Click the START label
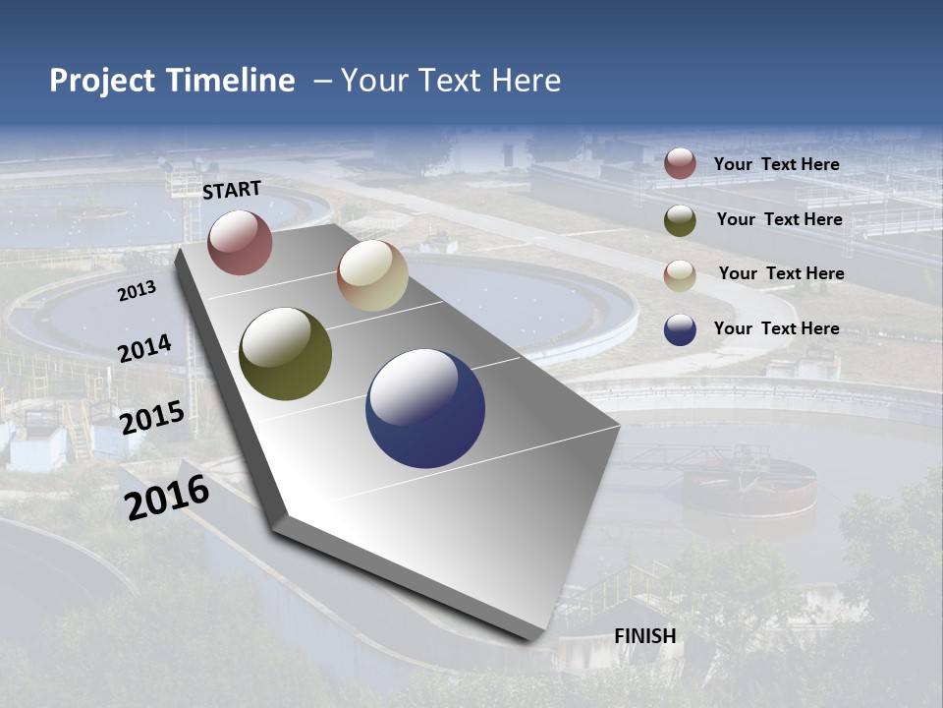[232, 189]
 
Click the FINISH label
[645, 636]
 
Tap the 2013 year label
[137, 290]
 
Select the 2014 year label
[145, 348]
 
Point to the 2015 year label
[152, 418]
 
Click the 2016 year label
[167, 498]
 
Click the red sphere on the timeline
[240, 242]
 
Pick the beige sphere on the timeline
[372, 275]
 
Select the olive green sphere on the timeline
[285, 354]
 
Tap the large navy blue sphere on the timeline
[425, 408]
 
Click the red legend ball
[680, 163]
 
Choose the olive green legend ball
[680, 220]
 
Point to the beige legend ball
[680, 275]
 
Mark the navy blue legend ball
[680, 329]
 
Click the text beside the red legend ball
[776, 164]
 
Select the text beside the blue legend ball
[776, 328]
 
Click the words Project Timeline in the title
[172, 81]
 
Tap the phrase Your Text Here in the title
[451, 81]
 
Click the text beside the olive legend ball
[779, 219]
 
